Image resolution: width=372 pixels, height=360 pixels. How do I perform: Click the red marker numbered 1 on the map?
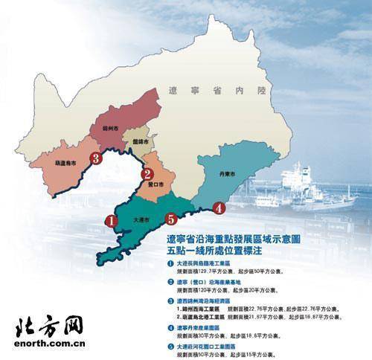(110, 220)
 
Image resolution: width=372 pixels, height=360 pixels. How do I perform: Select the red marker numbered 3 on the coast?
(95, 158)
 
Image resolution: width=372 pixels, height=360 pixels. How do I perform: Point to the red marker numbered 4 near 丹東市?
(218, 208)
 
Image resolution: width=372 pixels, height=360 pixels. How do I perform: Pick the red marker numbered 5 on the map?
(171, 219)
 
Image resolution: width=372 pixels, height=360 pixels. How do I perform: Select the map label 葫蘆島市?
(68, 164)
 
